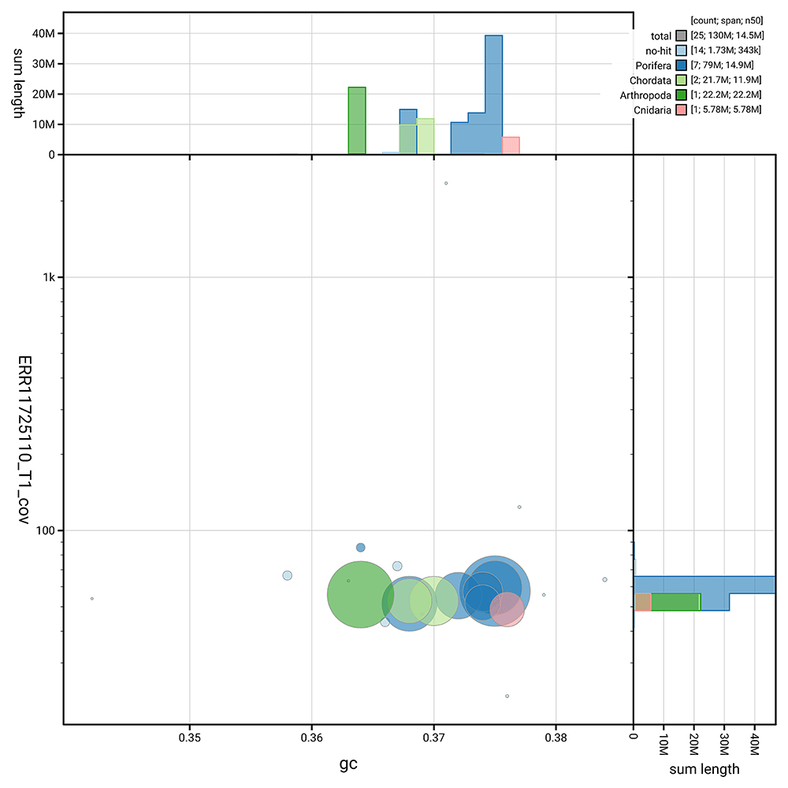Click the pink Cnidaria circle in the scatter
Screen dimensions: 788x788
click(507, 609)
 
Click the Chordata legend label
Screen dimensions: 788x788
click(650, 80)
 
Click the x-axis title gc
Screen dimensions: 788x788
click(348, 764)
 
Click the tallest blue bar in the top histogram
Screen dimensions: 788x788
click(493, 95)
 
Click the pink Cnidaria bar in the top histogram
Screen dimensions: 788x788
click(511, 146)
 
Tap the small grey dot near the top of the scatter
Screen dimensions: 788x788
click(446, 183)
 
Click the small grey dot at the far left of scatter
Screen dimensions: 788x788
click(92, 599)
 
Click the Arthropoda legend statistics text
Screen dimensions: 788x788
click(725, 95)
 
